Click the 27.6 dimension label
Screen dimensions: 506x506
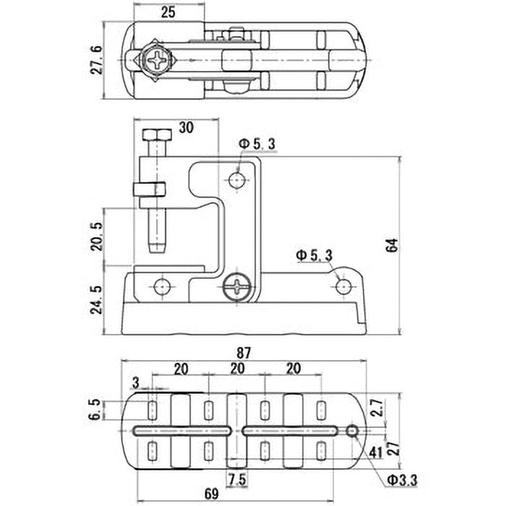tap(97, 59)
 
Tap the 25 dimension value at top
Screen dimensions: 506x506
tap(168, 11)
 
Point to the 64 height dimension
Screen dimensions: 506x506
tap(391, 245)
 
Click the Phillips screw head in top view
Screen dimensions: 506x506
tap(156, 61)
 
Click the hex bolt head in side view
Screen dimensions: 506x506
tap(156, 135)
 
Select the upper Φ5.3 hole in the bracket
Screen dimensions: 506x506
tap(237, 181)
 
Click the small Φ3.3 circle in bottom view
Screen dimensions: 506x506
tap(352, 431)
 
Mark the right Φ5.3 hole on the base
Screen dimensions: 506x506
tap(343, 287)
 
